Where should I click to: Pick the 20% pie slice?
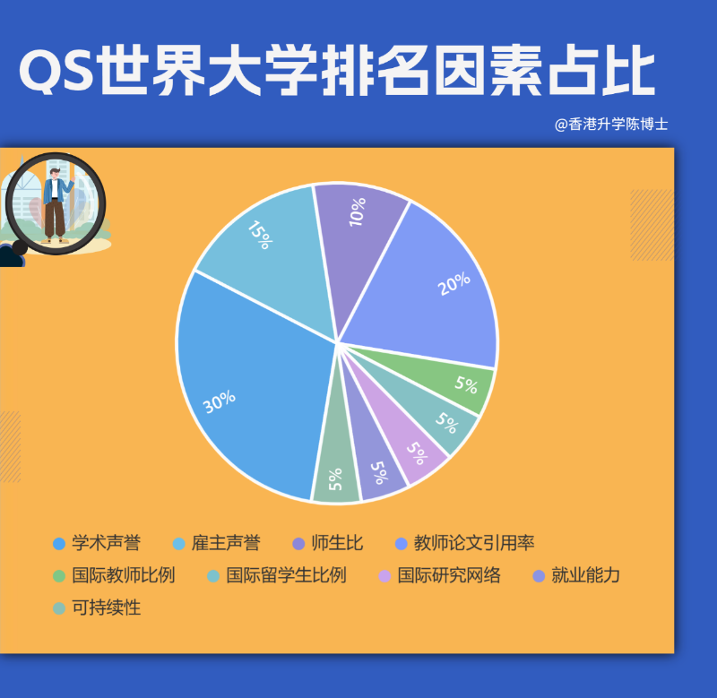point(430,287)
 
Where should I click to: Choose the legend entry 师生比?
point(337,543)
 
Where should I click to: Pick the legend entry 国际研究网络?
point(448,575)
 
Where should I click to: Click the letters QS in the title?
point(56,73)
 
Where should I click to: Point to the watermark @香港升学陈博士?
point(611,125)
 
